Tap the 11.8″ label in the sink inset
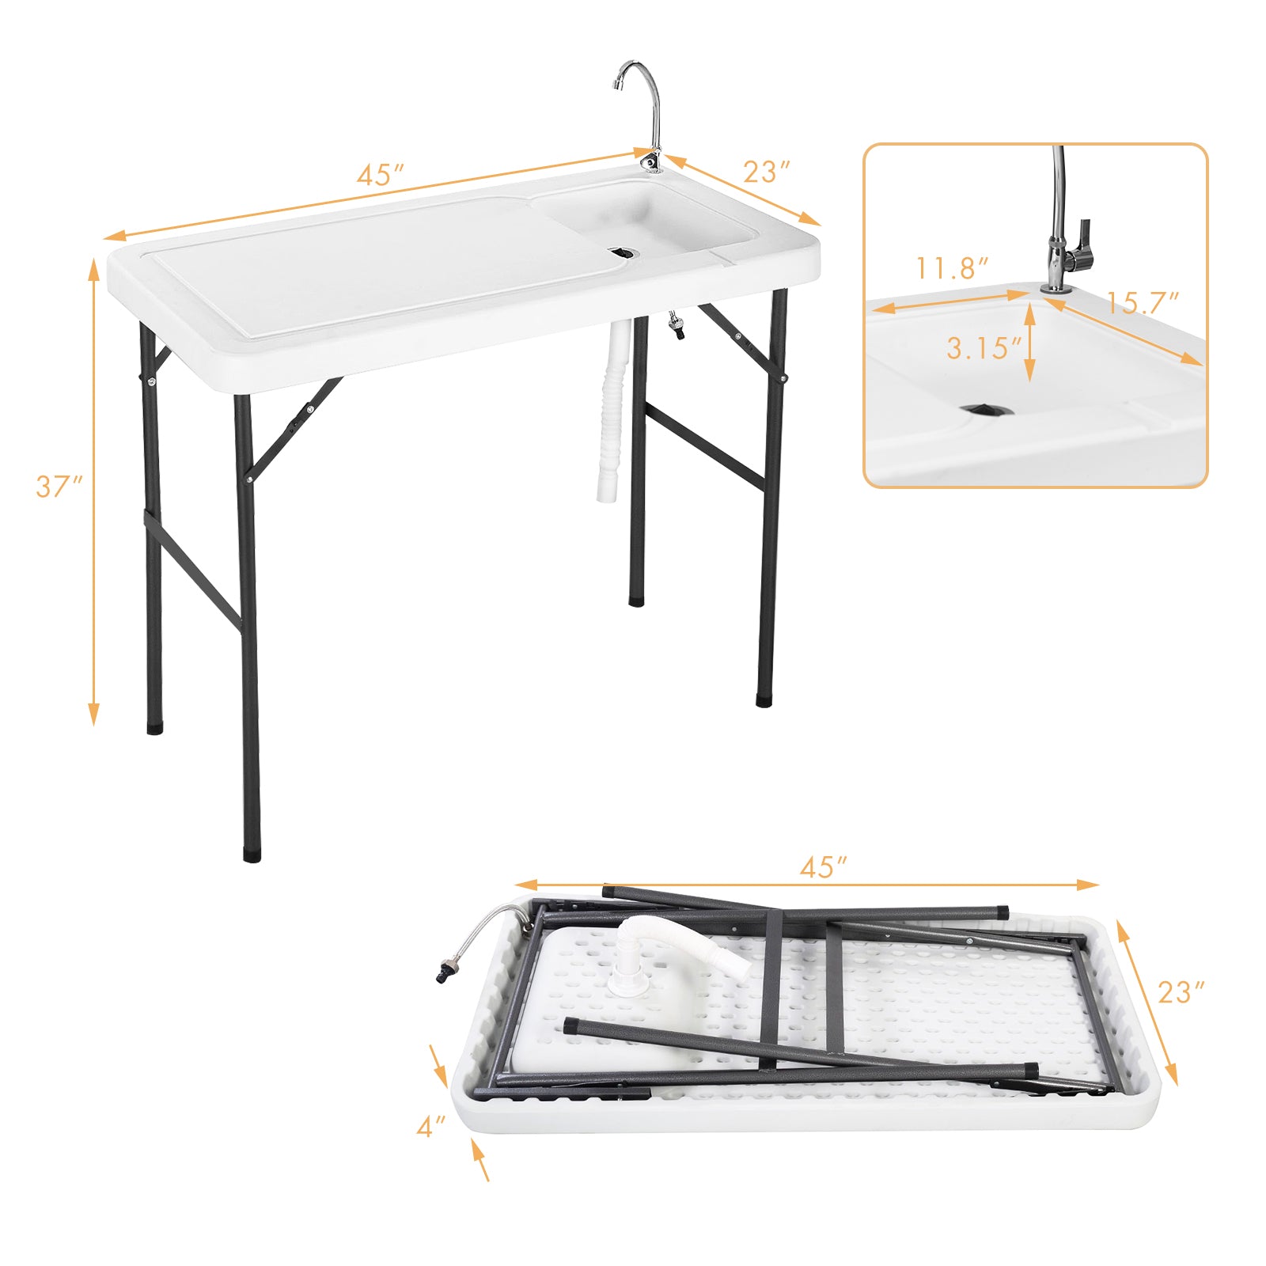click(952, 269)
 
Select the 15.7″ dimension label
click(1142, 302)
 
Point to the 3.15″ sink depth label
click(984, 348)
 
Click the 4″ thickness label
click(431, 1127)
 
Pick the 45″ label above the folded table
click(823, 867)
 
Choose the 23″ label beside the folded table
click(1181, 992)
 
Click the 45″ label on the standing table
click(381, 175)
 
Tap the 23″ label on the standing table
click(767, 172)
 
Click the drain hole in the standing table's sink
click(623, 252)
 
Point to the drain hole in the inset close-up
click(986, 409)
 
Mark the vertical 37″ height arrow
click(94, 491)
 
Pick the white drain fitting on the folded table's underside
click(633, 969)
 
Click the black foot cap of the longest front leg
click(252, 855)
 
